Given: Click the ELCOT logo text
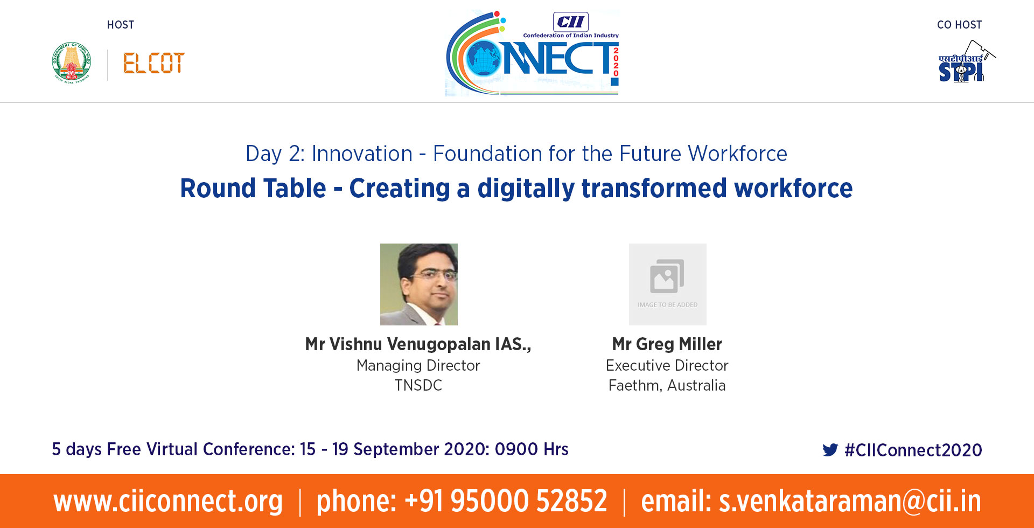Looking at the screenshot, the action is pos(154,63).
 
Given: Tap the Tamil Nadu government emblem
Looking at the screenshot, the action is pos(72,62).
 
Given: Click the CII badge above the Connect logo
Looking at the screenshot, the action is pos(571,22).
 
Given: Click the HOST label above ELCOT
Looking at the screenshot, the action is pos(121,25).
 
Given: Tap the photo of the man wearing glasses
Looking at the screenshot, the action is pos(419,284).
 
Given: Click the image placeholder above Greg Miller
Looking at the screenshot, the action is pos(668,284).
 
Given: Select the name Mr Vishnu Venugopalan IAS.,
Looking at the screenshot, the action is pos(418,344).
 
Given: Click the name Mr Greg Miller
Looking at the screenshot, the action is pos(667,344).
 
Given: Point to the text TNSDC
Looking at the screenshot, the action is pos(418,385).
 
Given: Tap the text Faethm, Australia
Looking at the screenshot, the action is pos(667,386).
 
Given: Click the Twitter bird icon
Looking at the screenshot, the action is pos(830,450).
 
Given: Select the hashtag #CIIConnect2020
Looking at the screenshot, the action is pos(913,450).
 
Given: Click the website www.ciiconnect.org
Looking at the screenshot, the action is pos(168,501).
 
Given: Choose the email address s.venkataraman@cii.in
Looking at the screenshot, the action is pos(850,501).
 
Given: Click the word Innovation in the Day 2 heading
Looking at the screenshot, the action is pos(362,154).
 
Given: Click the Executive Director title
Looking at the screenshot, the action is pos(667,365).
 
